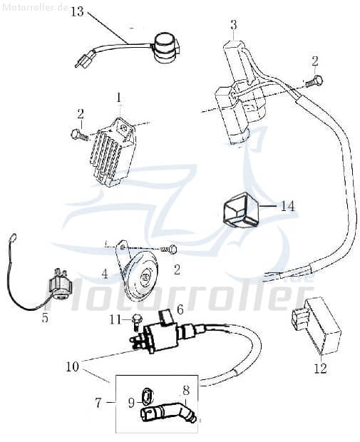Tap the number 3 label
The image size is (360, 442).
233,25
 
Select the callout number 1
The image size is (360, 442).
119,96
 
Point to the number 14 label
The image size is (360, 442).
287,206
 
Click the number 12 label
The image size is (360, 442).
320,369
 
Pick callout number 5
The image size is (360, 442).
45,318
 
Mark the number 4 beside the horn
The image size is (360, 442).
104,273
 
